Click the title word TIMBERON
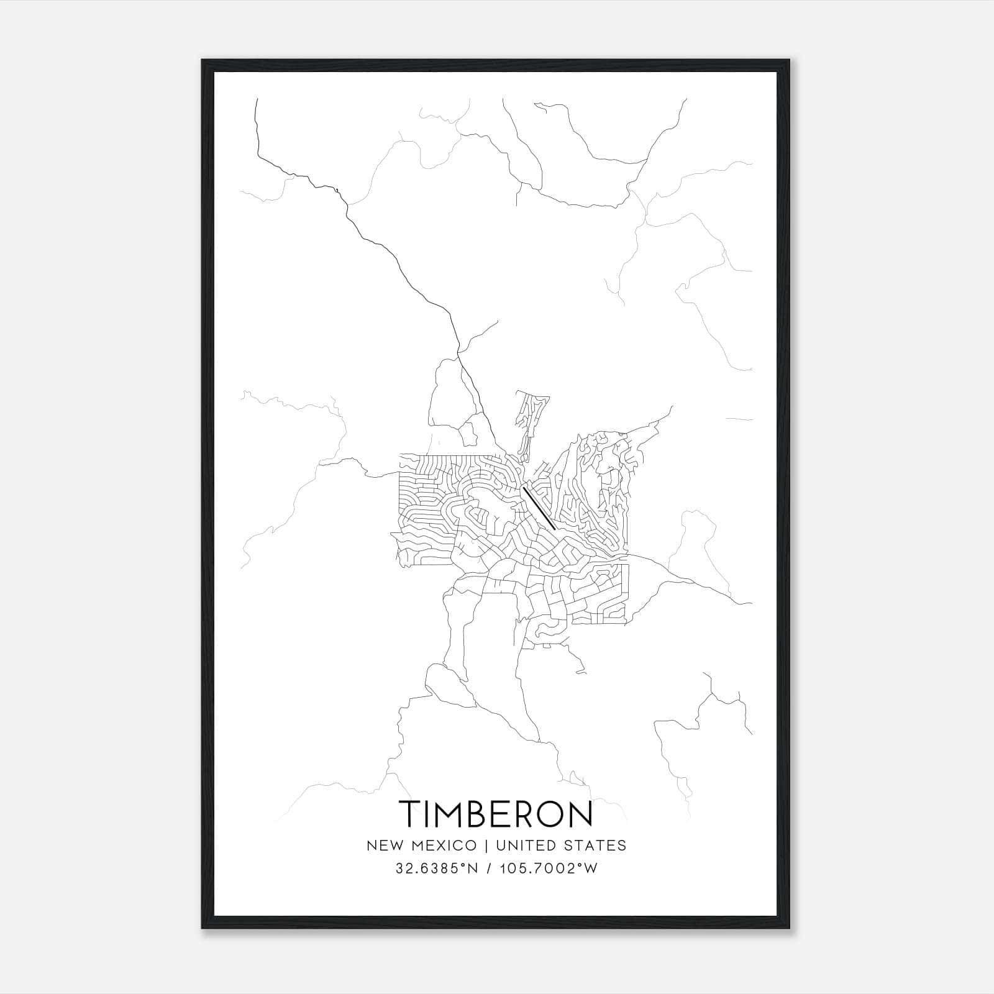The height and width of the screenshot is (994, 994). (x=496, y=814)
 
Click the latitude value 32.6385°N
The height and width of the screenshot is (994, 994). (x=437, y=869)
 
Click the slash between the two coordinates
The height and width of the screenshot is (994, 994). (x=491, y=869)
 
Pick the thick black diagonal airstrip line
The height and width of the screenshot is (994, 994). (x=539, y=508)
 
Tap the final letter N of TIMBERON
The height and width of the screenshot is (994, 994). (x=580, y=814)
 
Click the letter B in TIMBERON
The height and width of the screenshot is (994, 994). (x=477, y=814)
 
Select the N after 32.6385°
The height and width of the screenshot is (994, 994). (x=473, y=869)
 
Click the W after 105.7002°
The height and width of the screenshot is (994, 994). (x=591, y=869)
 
